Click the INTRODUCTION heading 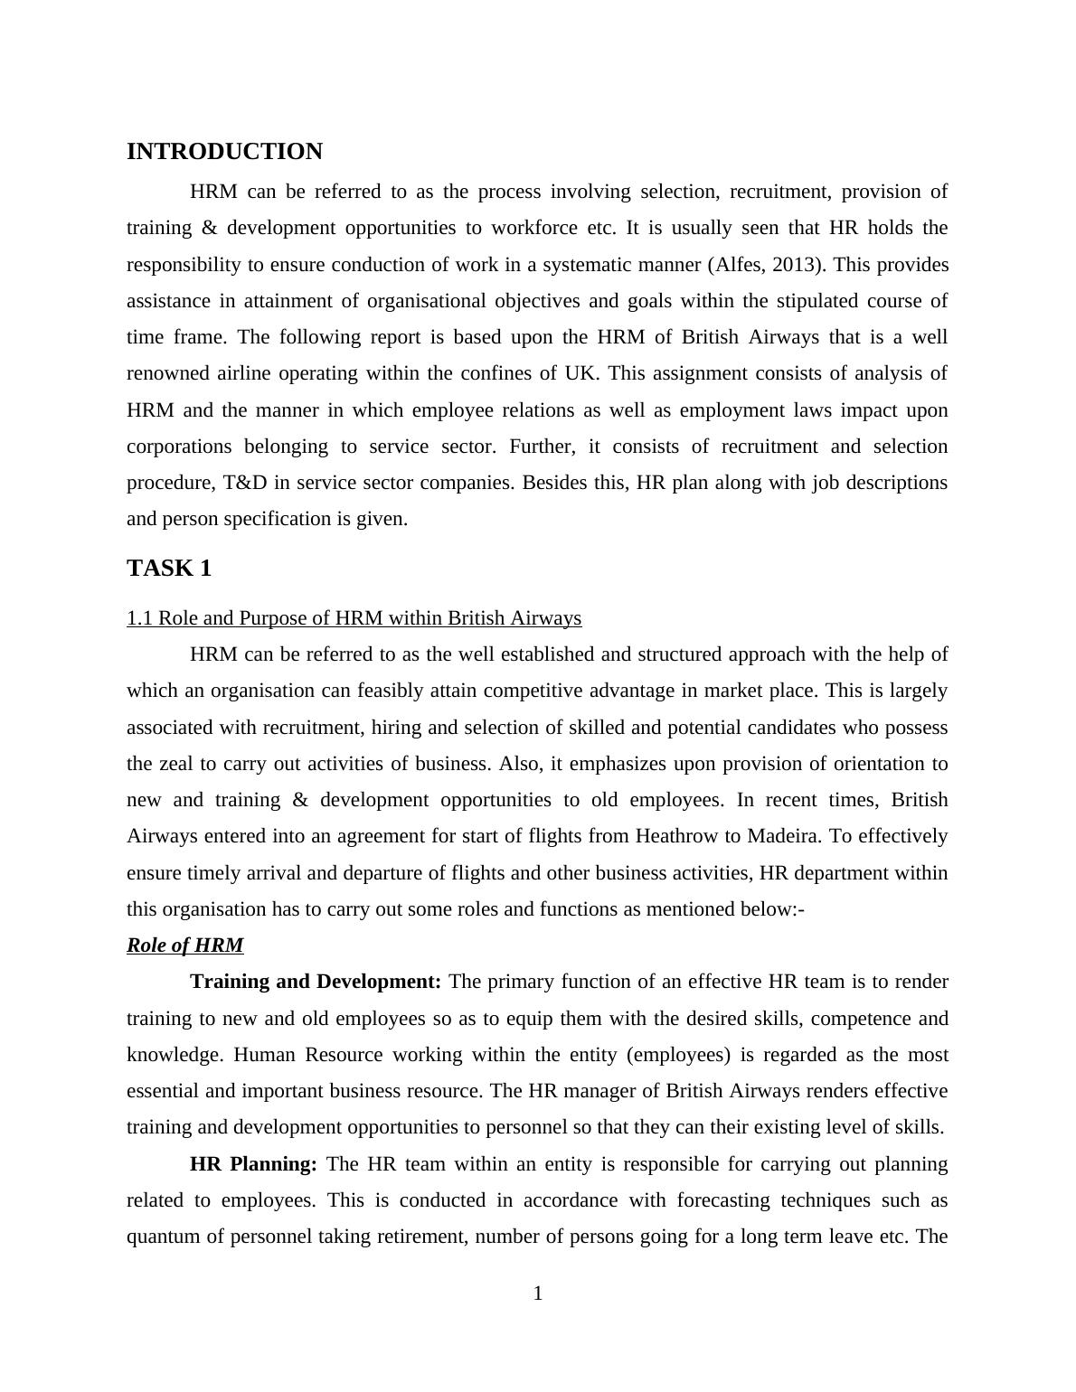coord(224,152)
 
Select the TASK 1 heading coord(169,569)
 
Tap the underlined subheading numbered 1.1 coord(354,618)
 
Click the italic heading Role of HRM coord(184,945)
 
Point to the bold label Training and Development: coord(316,982)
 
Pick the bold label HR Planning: coord(253,1164)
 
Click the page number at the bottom coord(538,1294)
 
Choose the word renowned coord(168,373)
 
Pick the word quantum coord(161,1237)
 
